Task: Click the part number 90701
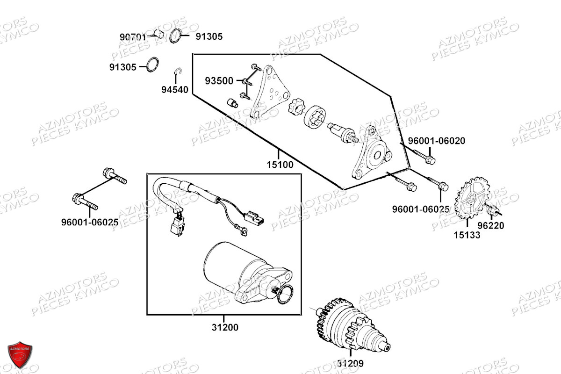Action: coord(133,36)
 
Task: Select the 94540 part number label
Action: coord(176,90)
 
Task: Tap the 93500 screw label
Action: coord(219,81)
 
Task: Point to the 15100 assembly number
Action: coord(280,165)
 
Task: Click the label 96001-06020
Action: coord(437,141)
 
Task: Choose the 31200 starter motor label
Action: coord(224,327)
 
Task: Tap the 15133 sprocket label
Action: coord(467,235)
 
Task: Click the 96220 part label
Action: coord(491,225)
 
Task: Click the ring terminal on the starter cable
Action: coord(242,229)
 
